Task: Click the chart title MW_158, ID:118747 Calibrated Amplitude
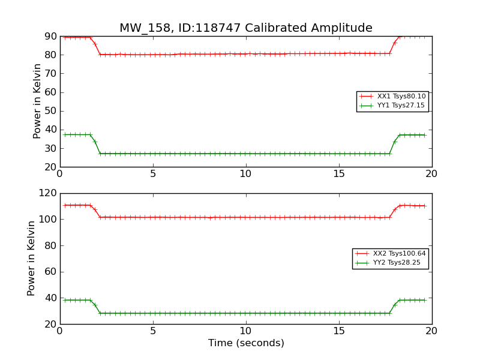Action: click(x=246, y=28)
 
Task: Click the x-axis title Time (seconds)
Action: click(x=246, y=343)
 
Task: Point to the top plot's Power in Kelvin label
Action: click(x=37, y=101)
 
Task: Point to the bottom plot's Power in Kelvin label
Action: click(x=31, y=258)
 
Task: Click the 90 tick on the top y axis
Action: click(x=51, y=36)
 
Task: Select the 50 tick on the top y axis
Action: click(x=51, y=111)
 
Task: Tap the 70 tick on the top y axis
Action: click(x=51, y=73)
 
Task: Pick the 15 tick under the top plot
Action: click(x=339, y=174)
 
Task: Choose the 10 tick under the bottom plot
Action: click(x=246, y=331)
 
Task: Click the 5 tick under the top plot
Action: click(x=153, y=174)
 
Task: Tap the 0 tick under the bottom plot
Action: click(x=60, y=331)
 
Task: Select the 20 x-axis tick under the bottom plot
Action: click(x=431, y=331)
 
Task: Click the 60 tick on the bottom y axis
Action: click(x=51, y=272)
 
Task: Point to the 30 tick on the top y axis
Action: click(x=51, y=148)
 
